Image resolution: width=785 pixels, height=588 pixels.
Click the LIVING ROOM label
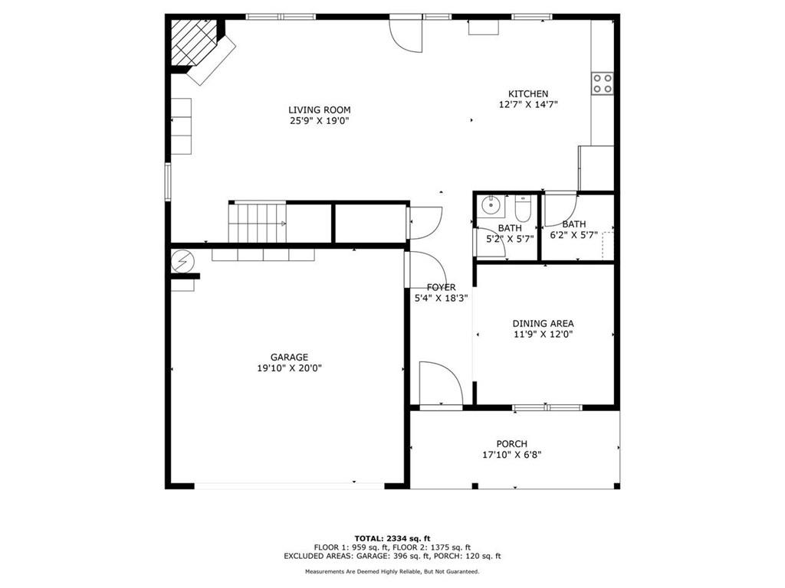click(x=320, y=110)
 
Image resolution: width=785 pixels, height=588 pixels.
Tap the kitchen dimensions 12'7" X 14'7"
click(x=528, y=104)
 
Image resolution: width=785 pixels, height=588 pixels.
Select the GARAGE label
click(x=289, y=358)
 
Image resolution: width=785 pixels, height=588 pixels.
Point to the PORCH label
click(x=511, y=444)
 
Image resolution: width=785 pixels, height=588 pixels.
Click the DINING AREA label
click(x=544, y=324)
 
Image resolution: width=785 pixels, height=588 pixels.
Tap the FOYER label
click(x=441, y=288)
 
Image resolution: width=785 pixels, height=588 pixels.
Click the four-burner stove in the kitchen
click(x=603, y=83)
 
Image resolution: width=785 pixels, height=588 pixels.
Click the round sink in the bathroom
click(x=491, y=204)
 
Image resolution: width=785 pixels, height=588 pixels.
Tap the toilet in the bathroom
click(x=523, y=210)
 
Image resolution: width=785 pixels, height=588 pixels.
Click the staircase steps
click(x=258, y=223)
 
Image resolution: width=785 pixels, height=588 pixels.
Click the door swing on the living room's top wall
click(x=406, y=34)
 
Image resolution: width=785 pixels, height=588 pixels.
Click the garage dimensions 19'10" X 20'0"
click(x=289, y=368)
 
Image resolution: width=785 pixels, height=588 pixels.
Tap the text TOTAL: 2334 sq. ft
click(x=392, y=538)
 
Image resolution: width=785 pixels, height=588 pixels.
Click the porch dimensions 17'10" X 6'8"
click(x=511, y=455)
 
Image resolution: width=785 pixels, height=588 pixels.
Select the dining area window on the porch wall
click(x=547, y=407)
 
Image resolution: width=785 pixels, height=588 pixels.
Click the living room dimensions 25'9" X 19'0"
click(x=320, y=121)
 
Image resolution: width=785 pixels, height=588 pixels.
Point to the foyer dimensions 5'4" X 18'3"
click(x=441, y=299)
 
